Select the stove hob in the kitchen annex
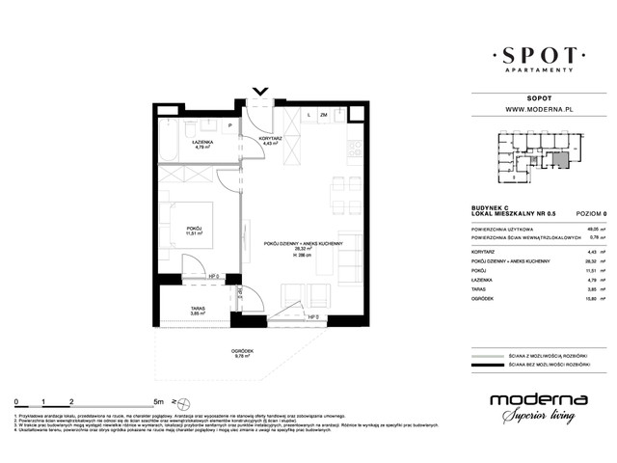[x=354, y=150]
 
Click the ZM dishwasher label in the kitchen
[x=324, y=116]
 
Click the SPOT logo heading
[x=532, y=53]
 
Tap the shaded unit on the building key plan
[x=560, y=160]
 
